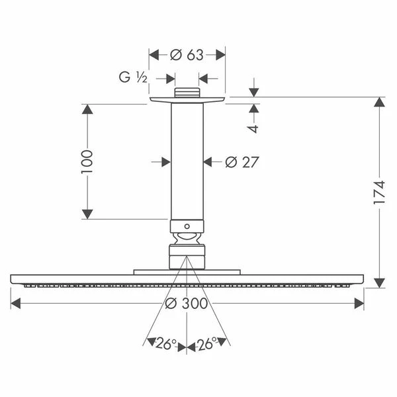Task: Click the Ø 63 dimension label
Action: tap(187, 55)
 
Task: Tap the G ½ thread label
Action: tap(133, 77)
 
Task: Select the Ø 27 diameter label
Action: tap(242, 162)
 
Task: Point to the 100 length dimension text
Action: tap(87, 162)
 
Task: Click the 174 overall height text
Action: tap(379, 192)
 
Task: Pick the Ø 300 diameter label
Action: tap(187, 303)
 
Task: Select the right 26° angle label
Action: tap(207, 343)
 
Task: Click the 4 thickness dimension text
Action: tap(253, 129)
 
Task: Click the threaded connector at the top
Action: tap(187, 93)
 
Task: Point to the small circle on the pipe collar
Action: tap(187, 226)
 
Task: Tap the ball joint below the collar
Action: tap(187, 238)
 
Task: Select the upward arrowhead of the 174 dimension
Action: tap(379, 102)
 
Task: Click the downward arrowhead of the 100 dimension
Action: tap(87, 214)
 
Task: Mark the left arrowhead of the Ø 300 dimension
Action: tap(15, 303)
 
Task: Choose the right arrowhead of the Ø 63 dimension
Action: tap(220, 55)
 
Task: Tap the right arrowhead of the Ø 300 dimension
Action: tap(359, 303)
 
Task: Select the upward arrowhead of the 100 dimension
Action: tap(87, 109)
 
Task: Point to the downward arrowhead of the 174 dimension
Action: tap(379, 283)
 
